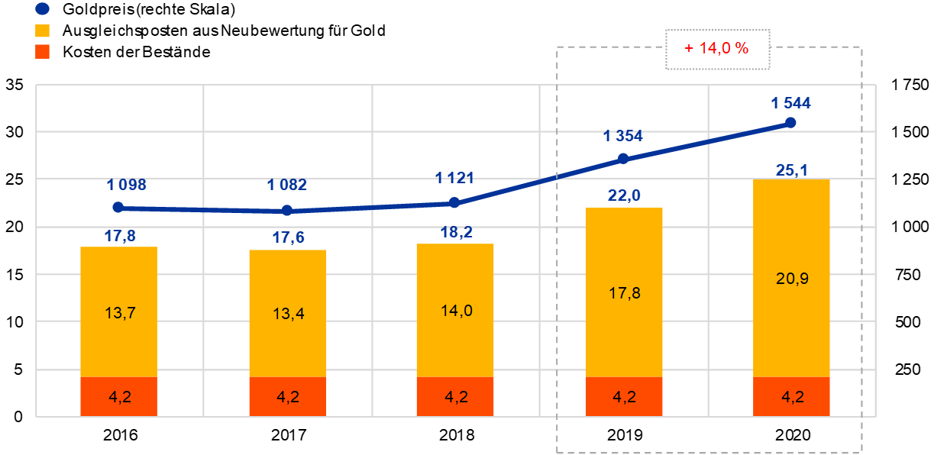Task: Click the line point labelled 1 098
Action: [118, 207]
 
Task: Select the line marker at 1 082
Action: [287, 210]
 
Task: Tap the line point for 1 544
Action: [790, 122]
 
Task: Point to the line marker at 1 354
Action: [622, 158]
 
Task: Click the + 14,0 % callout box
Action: [717, 49]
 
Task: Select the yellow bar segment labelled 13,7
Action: [118, 311]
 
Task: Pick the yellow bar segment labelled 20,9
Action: [791, 279]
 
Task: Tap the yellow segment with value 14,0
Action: [455, 310]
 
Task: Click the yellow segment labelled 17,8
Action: [624, 292]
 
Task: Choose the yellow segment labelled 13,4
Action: [287, 313]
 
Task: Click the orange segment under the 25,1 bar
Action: [791, 396]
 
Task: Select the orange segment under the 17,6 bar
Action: [287, 396]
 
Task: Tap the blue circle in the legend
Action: [43, 9]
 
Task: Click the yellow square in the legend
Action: [43, 31]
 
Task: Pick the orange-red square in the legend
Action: [43, 51]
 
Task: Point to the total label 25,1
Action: [792, 170]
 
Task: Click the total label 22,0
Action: [624, 196]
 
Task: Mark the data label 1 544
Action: [790, 103]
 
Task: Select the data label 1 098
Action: [127, 185]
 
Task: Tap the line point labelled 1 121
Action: [454, 202]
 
